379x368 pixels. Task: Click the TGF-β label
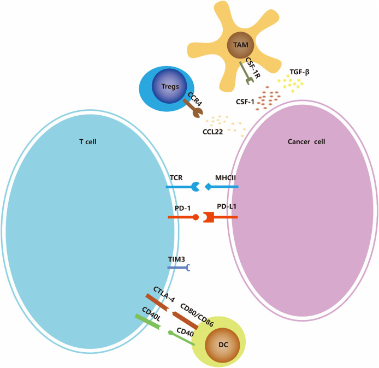pos(299,72)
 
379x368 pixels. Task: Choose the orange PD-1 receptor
pos(183,217)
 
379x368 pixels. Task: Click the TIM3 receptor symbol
pos(179,268)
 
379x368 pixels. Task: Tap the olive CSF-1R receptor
pos(244,74)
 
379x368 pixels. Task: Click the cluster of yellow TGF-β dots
pos(290,84)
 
